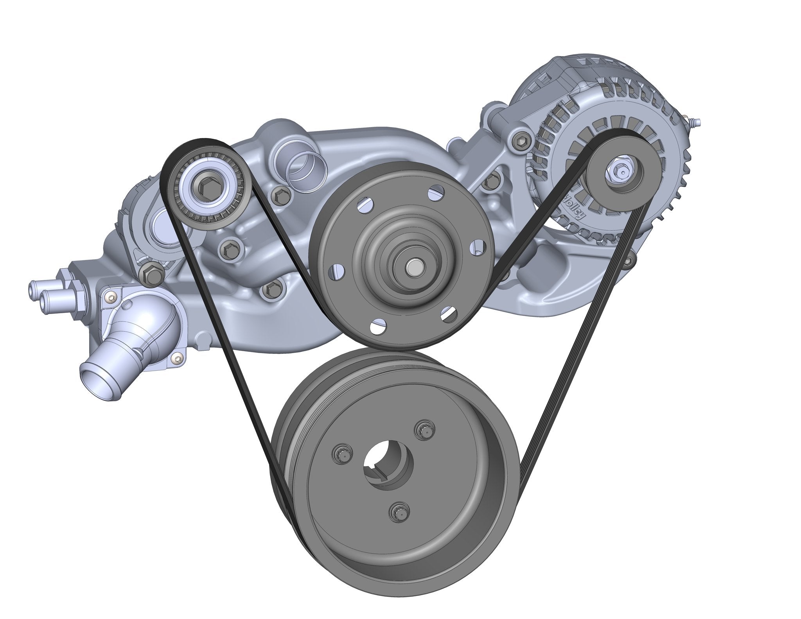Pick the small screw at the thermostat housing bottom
[x=179, y=357]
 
